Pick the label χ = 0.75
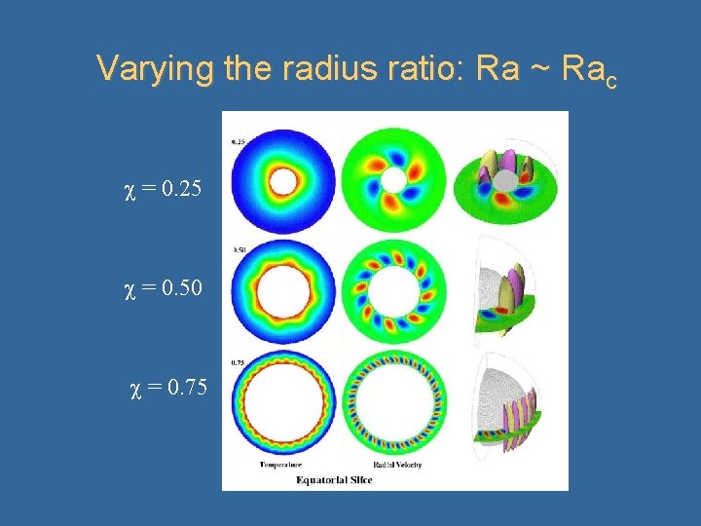pos(168,389)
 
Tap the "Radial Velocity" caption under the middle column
pos(398,465)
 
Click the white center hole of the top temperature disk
pos(285,180)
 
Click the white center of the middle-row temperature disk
pos(286,289)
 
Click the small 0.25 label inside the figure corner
pos(238,141)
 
